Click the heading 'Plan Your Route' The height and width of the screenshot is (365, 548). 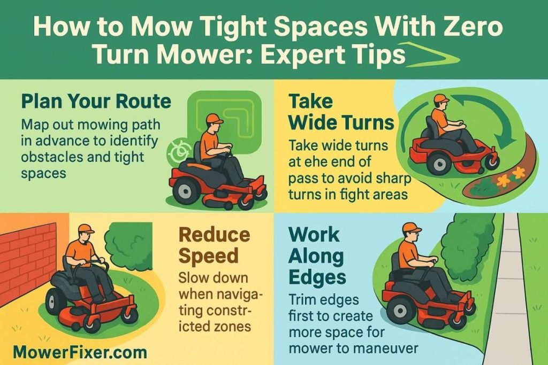96,101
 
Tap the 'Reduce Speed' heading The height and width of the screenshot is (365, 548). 214,245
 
